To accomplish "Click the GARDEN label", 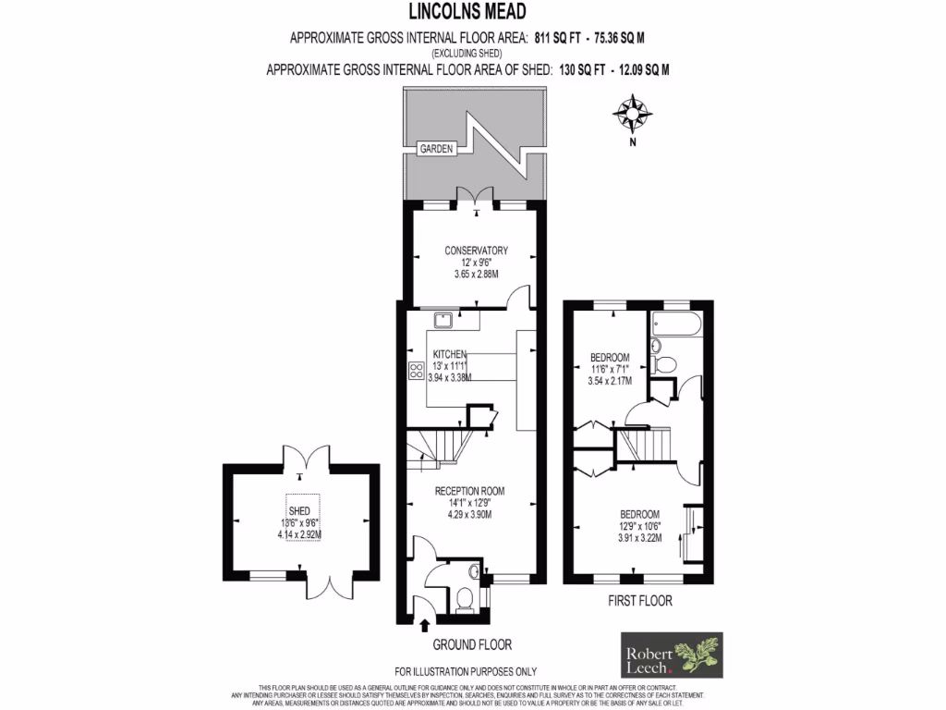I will (x=436, y=149).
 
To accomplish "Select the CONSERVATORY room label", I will (x=476, y=251).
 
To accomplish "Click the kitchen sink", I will (x=443, y=319).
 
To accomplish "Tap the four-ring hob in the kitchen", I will (x=415, y=372).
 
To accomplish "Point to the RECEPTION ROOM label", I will (x=470, y=491).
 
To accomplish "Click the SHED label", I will (x=299, y=510).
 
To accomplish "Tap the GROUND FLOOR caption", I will (x=472, y=645).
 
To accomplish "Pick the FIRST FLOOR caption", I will (x=639, y=601).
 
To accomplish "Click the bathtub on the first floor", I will (x=676, y=324).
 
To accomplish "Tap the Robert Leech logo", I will (x=670, y=655).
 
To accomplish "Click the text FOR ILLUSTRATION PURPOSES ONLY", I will (x=466, y=671).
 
